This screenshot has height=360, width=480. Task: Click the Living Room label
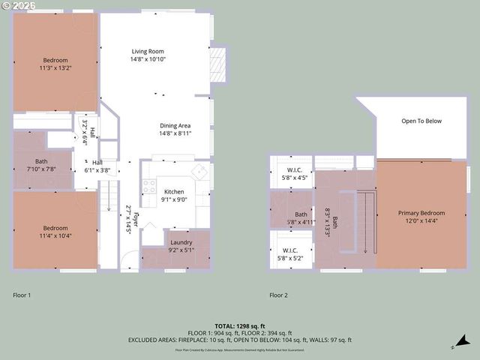(148, 55)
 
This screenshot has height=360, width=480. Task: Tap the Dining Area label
(175, 129)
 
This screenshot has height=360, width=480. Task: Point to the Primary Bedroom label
(421, 217)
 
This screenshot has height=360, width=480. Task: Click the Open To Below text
(421, 121)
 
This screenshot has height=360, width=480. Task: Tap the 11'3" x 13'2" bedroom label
(55, 64)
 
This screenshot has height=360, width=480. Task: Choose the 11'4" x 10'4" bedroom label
(55, 232)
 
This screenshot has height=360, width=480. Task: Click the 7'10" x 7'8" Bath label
(41, 165)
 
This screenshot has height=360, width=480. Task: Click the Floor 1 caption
(22, 295)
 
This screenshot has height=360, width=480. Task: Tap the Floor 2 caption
(279, 295)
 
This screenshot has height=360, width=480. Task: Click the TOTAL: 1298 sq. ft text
(239, 325)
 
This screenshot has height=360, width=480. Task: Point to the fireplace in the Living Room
(217, 65)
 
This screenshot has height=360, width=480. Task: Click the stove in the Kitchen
(148, 186)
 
